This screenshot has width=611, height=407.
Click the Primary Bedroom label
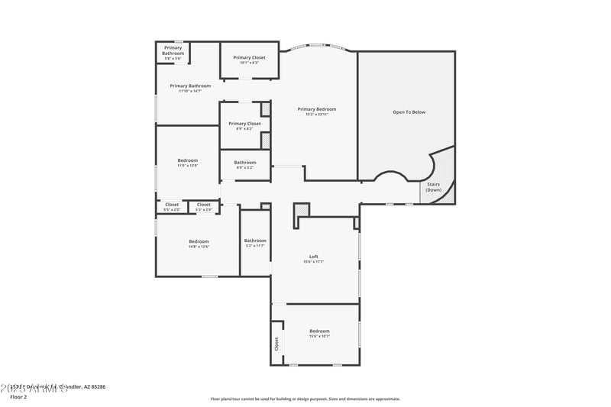[x=316, y=109]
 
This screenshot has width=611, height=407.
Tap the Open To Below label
[x=409, y=112]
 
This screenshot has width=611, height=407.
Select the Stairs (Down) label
[x=434, y=187]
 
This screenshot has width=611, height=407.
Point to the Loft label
[x=313, y=257]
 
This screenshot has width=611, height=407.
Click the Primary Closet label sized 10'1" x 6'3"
[x=249, y=57]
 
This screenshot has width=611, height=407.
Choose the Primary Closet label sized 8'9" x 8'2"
[x=244, y=124]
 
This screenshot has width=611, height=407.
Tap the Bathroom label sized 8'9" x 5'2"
[x=245, y=162]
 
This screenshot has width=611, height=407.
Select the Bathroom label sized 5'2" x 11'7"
[x=255, y=241]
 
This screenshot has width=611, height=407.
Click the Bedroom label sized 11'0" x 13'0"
[x=188, y=160]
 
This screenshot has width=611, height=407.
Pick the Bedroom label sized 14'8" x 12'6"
[x=199, y=241]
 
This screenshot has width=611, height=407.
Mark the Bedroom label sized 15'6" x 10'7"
[x=319, y=331]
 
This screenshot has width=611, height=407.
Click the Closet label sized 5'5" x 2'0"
[x=172, y=205]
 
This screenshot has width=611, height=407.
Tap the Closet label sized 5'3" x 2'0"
[x=204, y=205]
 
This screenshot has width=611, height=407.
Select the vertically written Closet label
[x=276, y=344]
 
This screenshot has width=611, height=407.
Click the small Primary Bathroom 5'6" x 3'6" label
[x=173, y=51]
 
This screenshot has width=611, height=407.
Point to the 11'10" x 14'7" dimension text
[x=189, y=92]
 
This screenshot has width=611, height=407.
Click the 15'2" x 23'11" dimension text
[x=316, y=115]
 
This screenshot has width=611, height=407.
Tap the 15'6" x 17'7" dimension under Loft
[x=313, y=262]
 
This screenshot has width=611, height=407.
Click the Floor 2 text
[x=18, y=397]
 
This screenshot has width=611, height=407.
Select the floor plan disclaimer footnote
[x=305, y=399]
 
